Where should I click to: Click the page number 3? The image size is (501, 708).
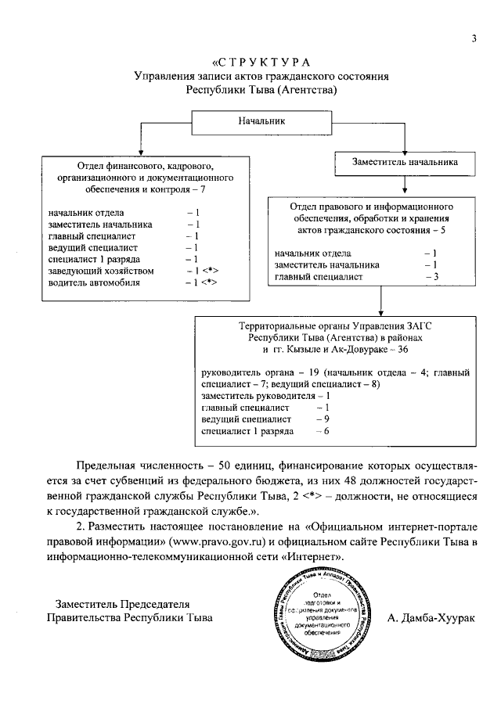point(474,41)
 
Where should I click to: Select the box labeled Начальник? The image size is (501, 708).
point(261,121)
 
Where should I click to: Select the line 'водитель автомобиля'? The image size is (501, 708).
point(94,282)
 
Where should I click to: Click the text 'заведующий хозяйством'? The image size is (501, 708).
point(100,271)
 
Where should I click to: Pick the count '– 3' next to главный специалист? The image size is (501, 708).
point(430,276)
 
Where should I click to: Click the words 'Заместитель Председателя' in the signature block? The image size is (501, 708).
point(119,604)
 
